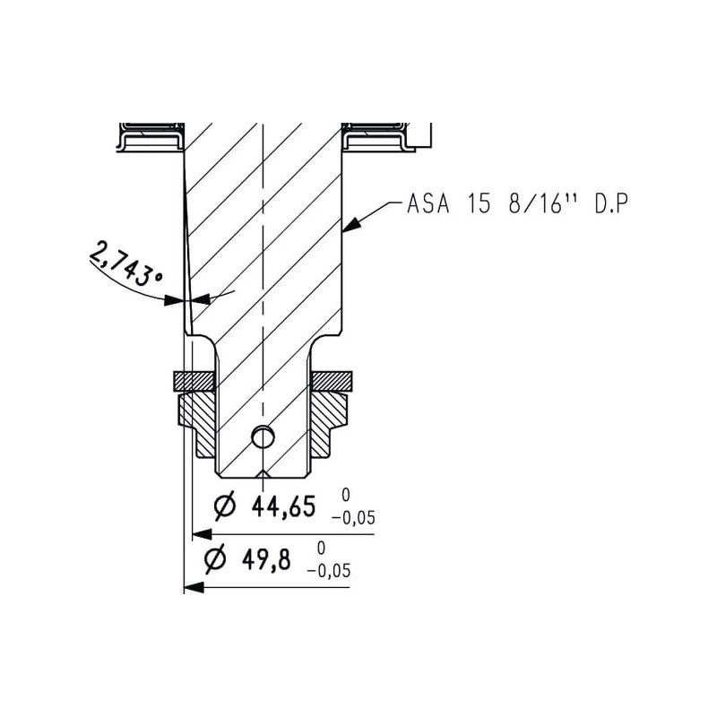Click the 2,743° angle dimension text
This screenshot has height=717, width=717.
[126, 263]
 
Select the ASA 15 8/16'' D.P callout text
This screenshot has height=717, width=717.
[517, 204]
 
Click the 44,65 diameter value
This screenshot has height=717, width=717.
[283, 507]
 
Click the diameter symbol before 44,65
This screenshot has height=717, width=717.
[226, 506]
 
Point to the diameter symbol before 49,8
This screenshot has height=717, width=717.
[215, 558]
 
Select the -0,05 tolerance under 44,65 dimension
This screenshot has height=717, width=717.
[353, 518]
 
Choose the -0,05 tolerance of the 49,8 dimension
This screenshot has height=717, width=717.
[328, 571]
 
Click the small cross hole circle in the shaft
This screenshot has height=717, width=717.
[263, 437]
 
